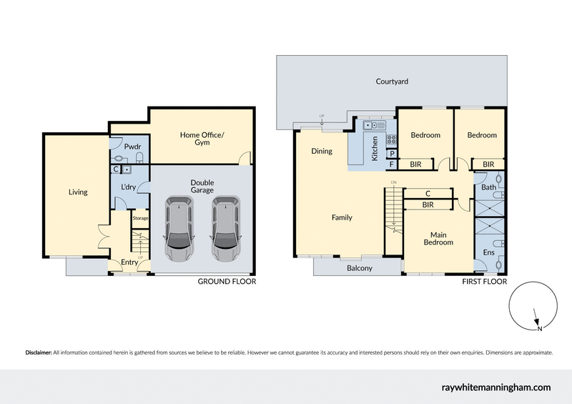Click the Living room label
[x=77, y=192]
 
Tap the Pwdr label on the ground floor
[x=131, y=147]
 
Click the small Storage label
[x=139, y=217]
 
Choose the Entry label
[x=129, y=262]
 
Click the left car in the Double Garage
[x=179, y=230]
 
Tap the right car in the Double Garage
[x=225, y=230]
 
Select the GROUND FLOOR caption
[x=227, y=282]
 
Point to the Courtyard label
[x=392, y=82]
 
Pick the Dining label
[x=322, y=151]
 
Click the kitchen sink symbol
[x=372, y=126]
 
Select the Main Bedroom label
[x=441, y=238]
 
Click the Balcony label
[x=359, y=268]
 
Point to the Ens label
[x=488, y=252]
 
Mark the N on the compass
[x=540, y=329]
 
